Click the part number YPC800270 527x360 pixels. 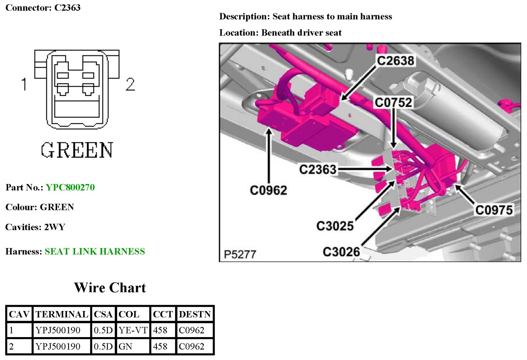point(70,187)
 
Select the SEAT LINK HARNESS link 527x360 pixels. point(95,251)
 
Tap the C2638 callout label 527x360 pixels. point(395,61)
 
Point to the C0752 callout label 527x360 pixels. point(393,102)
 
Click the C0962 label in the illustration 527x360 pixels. point(268,190)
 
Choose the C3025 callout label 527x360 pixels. point(335,226)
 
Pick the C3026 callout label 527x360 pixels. point(341,252)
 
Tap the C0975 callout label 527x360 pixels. point(494,210)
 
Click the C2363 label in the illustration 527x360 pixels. point(318,169)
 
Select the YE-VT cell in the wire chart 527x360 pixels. point(133,330)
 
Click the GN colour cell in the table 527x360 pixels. point(125,346)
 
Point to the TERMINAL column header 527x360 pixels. point(62,314)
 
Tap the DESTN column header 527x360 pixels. point(195,314)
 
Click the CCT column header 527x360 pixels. point(162,314)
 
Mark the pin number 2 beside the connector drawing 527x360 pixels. point(130,84)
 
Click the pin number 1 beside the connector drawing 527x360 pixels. point(24,84)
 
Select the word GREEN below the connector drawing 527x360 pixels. point(77,150)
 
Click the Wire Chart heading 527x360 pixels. point(110,288)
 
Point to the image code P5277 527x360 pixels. point(240,254)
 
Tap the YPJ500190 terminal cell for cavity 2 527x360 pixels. point(58,346)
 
